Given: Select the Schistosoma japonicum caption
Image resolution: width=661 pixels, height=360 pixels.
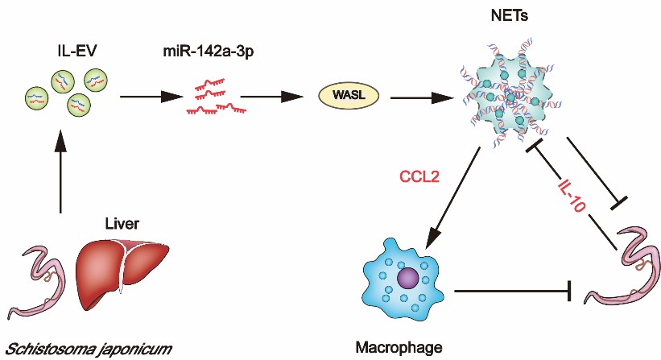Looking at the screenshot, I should tap(87, 347).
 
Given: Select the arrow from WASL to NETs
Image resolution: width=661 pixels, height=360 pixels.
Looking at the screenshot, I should tap(419, 98).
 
